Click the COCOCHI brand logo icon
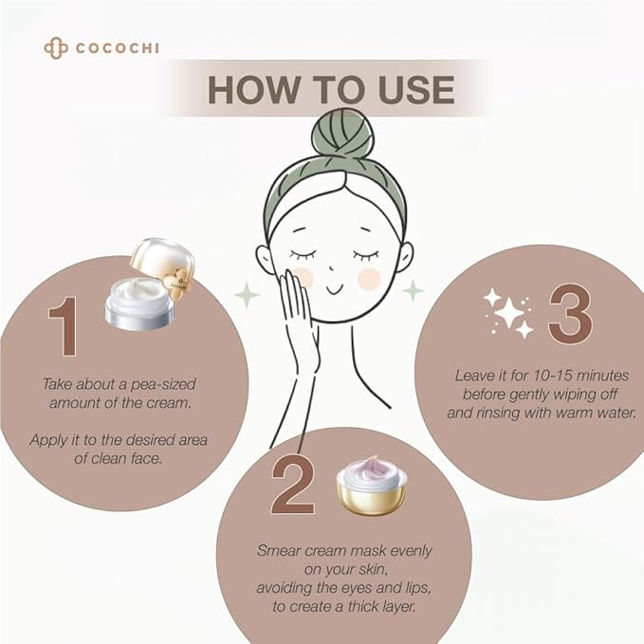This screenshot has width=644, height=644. pos(55,47)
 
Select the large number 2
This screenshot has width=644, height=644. pos(291,487)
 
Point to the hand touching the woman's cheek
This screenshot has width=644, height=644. pos(301,318)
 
